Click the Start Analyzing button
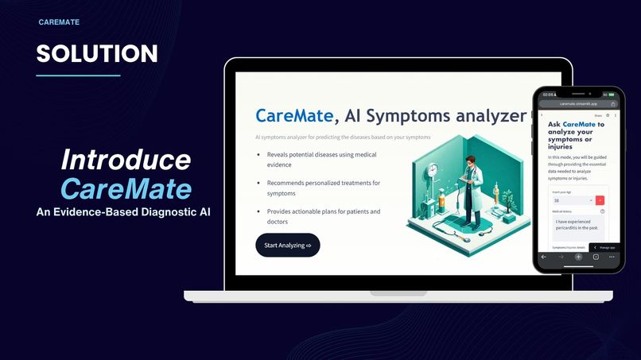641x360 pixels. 287,246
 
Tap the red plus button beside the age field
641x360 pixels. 600,200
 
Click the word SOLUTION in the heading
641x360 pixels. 97,54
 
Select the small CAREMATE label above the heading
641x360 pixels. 59,22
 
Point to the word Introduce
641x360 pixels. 126,160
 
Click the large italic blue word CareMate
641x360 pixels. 126,189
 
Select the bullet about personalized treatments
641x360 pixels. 323,188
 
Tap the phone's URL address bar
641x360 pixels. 578,103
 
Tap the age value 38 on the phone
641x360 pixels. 556,200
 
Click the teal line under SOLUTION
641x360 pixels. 78,75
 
